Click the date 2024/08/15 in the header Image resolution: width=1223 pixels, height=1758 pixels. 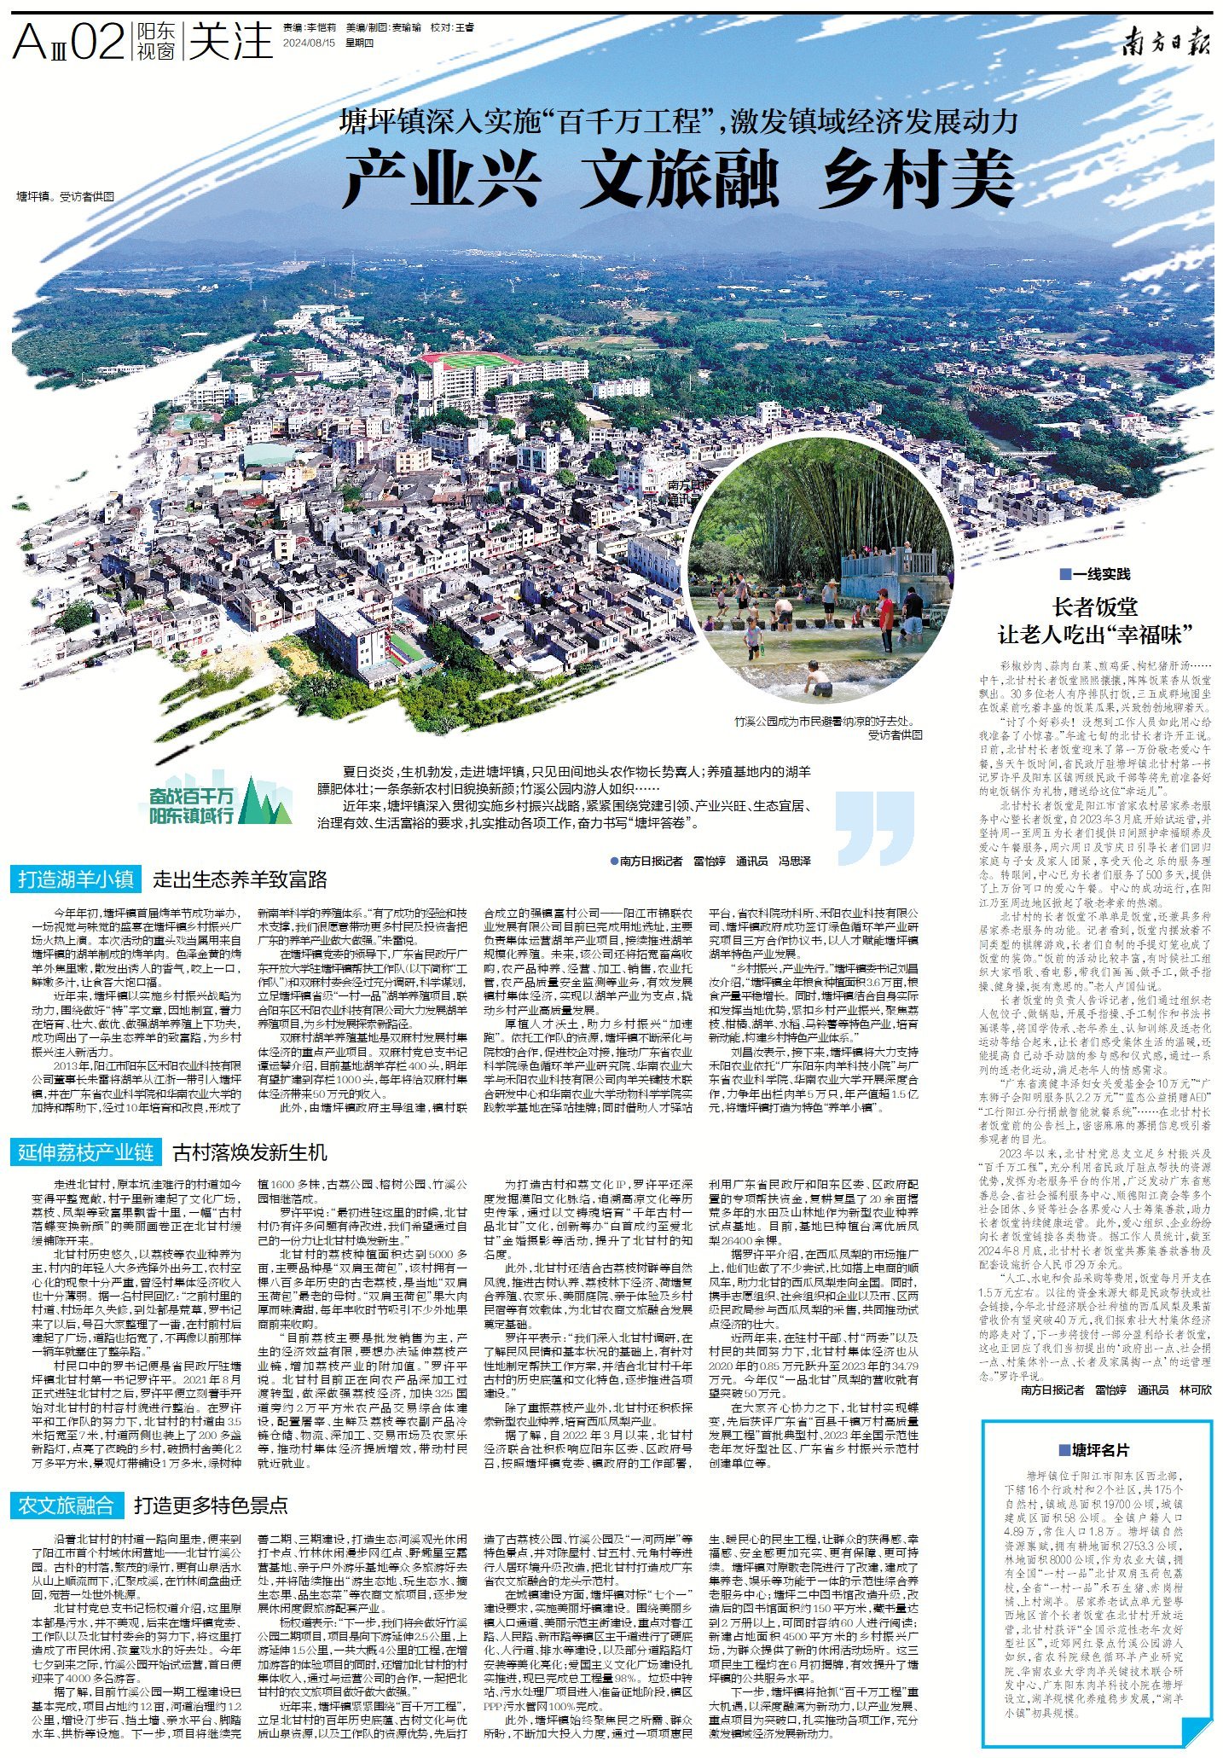[310, 42]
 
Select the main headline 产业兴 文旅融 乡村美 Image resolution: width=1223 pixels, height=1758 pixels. [679, 177]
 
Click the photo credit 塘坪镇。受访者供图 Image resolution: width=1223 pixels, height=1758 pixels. [66, 196]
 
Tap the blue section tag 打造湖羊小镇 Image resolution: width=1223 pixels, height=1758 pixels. [76, 879]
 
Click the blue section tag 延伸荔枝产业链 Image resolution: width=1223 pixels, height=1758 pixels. [85, 1153]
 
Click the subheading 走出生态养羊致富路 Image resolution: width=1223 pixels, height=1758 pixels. [240, 879]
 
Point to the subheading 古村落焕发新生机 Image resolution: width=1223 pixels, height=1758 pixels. [250, 1153]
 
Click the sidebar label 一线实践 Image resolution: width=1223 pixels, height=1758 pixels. [1095, 574]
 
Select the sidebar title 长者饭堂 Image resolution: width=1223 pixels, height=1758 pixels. [1095, 607]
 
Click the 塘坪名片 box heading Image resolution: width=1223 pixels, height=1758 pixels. [1094, 1450]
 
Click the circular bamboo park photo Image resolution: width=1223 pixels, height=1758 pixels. [820, 570]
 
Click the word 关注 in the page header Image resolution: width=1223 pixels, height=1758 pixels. [229, 41]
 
